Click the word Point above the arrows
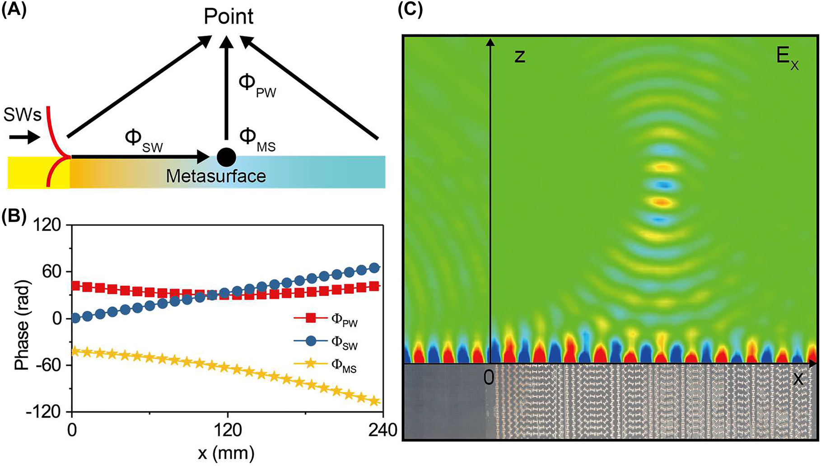[x=229, y=17]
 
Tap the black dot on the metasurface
[x=226, y=157]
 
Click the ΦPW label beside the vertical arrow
[x=257, y=85]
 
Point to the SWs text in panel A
[x=23, y=116]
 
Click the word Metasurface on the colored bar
[x=216, y=176]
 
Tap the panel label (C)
[x=410, y=9]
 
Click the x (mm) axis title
[x=226, y=452]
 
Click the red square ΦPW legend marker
[x=311, y=318]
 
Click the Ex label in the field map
[x=787, y=58]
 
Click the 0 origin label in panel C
[x=488, y=377]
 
